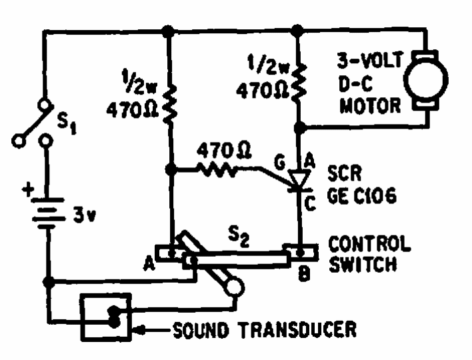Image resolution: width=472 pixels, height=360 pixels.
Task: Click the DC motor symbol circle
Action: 425,80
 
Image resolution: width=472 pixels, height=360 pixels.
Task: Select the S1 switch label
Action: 67,123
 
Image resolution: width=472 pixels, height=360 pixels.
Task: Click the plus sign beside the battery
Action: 28,189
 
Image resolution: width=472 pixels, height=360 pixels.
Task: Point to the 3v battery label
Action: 85,216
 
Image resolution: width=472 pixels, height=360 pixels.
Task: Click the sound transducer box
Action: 105,317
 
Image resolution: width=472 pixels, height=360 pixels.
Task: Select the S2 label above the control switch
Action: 239,237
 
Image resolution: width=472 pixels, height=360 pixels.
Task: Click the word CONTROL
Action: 369,243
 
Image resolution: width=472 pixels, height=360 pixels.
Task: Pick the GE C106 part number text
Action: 362,196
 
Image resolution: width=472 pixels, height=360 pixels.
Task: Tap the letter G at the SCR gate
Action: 279,163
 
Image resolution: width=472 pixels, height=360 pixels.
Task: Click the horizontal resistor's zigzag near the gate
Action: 217,170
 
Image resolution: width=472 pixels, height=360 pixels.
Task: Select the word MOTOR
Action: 370,105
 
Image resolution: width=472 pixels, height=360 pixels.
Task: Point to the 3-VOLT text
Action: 369,60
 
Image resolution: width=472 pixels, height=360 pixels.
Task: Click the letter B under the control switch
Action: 304,274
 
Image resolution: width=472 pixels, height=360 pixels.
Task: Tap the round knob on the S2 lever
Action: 234,287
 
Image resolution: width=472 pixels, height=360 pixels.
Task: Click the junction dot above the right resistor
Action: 297,31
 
